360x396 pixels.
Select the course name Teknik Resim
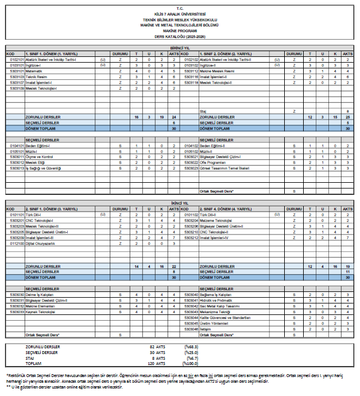pyautogui.click(x=35, y=76)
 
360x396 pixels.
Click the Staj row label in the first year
pyautogui.click(x=203, y=111)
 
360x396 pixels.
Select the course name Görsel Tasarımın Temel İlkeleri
pyautogui.click(x=224, y=167)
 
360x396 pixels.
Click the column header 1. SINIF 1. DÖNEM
pyautogui.click(x=55, y=54)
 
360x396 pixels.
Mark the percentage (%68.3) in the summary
pyautogui.click(x=191, y=347)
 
